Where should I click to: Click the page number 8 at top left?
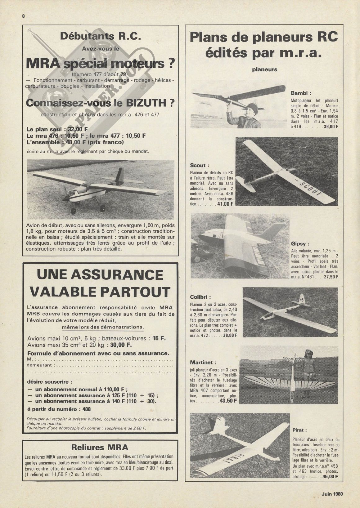[x=23, y=16]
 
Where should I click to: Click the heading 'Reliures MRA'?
[x=100, y=447]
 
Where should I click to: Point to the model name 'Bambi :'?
[x=301, y=93]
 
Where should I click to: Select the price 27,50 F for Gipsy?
[x=331, y=277]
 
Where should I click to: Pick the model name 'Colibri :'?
[x=200, y=297]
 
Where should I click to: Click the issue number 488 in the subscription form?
[x=87, y=409]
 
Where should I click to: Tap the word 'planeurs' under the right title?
[x=264, y=70]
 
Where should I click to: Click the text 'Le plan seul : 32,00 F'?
[x=57, y=130]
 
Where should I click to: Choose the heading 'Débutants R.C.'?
[x=100, y=36]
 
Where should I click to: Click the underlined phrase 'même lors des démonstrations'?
[x=103, y=327]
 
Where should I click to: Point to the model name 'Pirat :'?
[x=299, y=430]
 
